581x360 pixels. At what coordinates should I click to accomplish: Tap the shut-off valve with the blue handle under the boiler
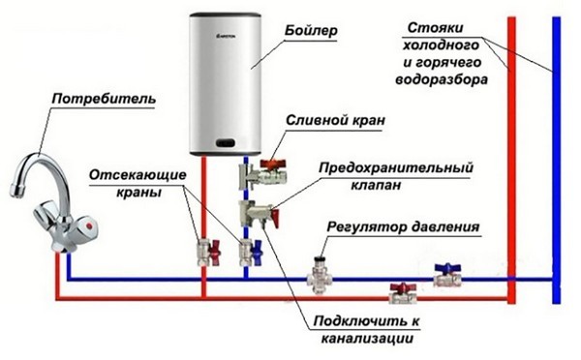[246, 254]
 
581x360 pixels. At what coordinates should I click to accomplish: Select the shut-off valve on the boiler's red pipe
[203, 255]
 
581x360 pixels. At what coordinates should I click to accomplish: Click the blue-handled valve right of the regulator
[445, 274]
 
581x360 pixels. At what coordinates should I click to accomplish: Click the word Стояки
[427, 26]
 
